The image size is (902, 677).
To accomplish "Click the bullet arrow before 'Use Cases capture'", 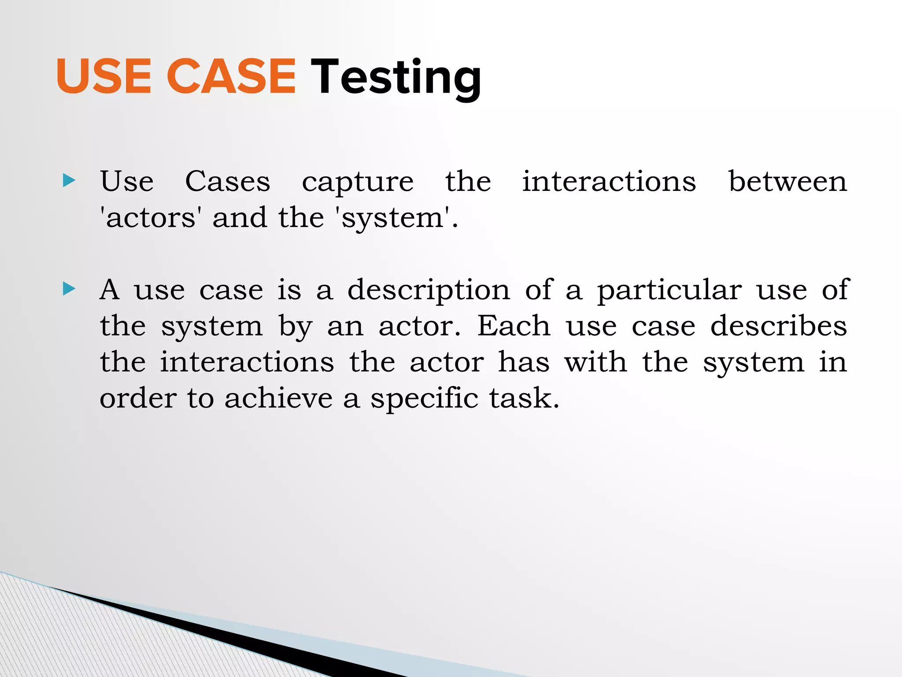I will (69, 180).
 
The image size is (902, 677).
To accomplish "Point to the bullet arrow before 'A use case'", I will (69, 289).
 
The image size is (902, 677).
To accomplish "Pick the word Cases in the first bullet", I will (227, 181).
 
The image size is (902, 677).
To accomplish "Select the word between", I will (787, 181).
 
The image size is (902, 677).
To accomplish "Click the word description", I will (429, 291).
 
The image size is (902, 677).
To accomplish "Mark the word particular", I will (669, 291).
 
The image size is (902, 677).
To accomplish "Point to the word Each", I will (514, 326).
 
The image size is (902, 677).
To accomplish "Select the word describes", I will (779, 326).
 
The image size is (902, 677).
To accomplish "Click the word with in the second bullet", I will (595, 362).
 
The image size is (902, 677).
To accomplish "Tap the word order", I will (138, 398).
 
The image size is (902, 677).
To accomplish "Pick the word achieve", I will (278, 398).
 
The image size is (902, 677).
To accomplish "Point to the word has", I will (524, 362).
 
